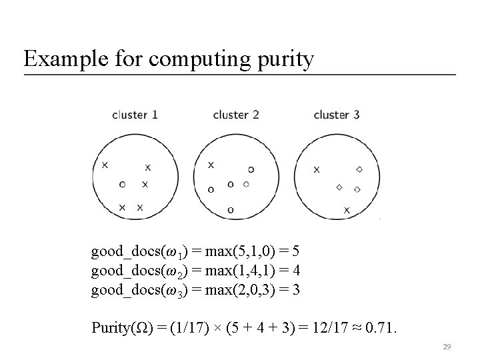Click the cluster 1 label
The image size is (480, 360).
click(x=135, y=115)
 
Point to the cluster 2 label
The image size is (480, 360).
click(x=236, y=115)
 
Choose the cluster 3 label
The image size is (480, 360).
click(x=337, y=115)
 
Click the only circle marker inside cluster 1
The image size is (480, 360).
click(x=122, y=184)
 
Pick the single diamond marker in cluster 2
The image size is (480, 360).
click(x=247, y=183)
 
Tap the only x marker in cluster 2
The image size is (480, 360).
click(x=211, y=164)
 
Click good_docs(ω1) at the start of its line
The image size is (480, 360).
click(x=137, y=252)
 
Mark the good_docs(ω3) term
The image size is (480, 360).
click(x=137, y=291)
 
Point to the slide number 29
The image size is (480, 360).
click(x=448, y=347)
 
